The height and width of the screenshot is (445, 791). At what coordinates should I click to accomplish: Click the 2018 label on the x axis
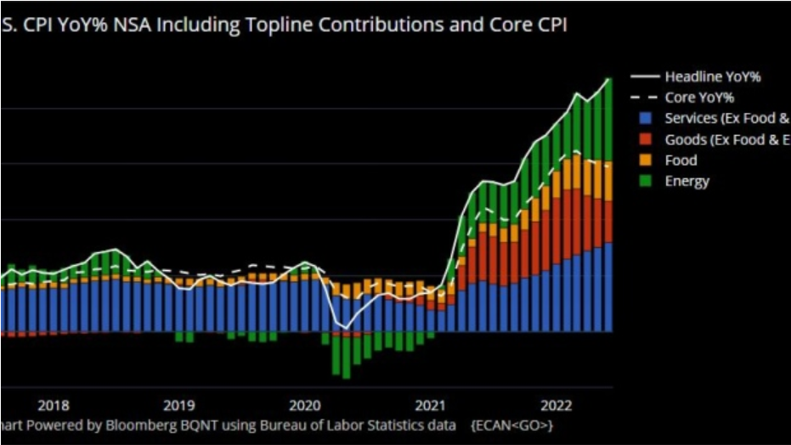pyautogui.click(x=54, y=404)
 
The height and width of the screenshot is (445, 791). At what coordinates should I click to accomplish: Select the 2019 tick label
pyautogui.click(x=179, y=404)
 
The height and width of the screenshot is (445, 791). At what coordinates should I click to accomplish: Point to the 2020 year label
pyautogui.click(x=305, y=404)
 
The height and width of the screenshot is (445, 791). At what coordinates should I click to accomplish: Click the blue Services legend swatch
pyautogui.click(x=645, y=119)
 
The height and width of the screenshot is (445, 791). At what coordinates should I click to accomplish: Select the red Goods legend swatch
pyautogui.click(x=645, y=139)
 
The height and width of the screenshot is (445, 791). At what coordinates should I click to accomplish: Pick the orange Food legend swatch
pyautogui.click(x=645, y=161)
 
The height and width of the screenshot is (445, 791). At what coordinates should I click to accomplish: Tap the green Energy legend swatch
pyautogui.click(x=645, y=181)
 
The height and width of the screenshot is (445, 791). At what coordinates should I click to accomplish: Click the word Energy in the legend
pyautogui.click(x=686, y=181)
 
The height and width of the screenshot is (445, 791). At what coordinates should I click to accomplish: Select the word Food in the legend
pyautogui.click(x=681, y=161)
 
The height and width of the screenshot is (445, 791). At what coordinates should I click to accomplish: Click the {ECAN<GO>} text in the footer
pyautogui.click(x=512, y=424)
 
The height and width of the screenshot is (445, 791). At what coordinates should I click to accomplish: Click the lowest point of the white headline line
pyautogui.click(x=346, y=327)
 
